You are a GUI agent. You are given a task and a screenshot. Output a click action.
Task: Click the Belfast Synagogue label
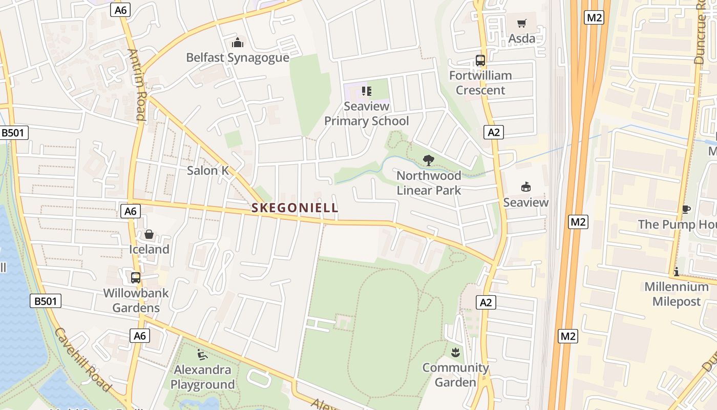(238, 57)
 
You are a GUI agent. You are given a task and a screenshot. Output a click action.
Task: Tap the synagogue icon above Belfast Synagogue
(238, 42)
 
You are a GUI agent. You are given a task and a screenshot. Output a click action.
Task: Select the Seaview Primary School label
(367, 114)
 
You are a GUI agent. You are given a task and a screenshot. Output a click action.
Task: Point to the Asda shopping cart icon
(521, 23)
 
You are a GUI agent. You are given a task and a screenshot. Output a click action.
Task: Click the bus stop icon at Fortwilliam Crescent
(480, 60)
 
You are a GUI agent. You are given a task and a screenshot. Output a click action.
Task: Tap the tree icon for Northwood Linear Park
(429, 160)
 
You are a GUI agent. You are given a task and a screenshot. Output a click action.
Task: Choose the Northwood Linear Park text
(429, 183)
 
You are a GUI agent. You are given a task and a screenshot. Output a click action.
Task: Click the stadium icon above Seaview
(525, 187)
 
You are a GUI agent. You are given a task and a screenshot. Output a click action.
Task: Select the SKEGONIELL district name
(294, 208)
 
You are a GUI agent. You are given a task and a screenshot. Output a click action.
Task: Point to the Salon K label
(208, 171)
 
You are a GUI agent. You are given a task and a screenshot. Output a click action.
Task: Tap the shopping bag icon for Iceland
(149, 234)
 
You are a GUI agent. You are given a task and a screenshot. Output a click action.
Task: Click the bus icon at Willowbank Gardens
(136, 278)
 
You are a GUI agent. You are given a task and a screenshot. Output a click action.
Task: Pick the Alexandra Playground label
(202, 377)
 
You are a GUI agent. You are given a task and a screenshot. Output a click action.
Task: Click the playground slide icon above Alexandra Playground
(202, 354)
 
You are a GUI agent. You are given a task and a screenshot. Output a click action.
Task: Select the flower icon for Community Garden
(455, 353)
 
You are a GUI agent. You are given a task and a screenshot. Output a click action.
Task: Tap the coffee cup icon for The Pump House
(686, 209)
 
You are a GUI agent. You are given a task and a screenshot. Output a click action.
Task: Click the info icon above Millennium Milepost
(676, 272)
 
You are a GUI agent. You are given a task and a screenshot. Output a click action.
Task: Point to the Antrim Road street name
(137, 85)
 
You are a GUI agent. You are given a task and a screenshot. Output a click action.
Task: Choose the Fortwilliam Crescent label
(480, 83)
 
